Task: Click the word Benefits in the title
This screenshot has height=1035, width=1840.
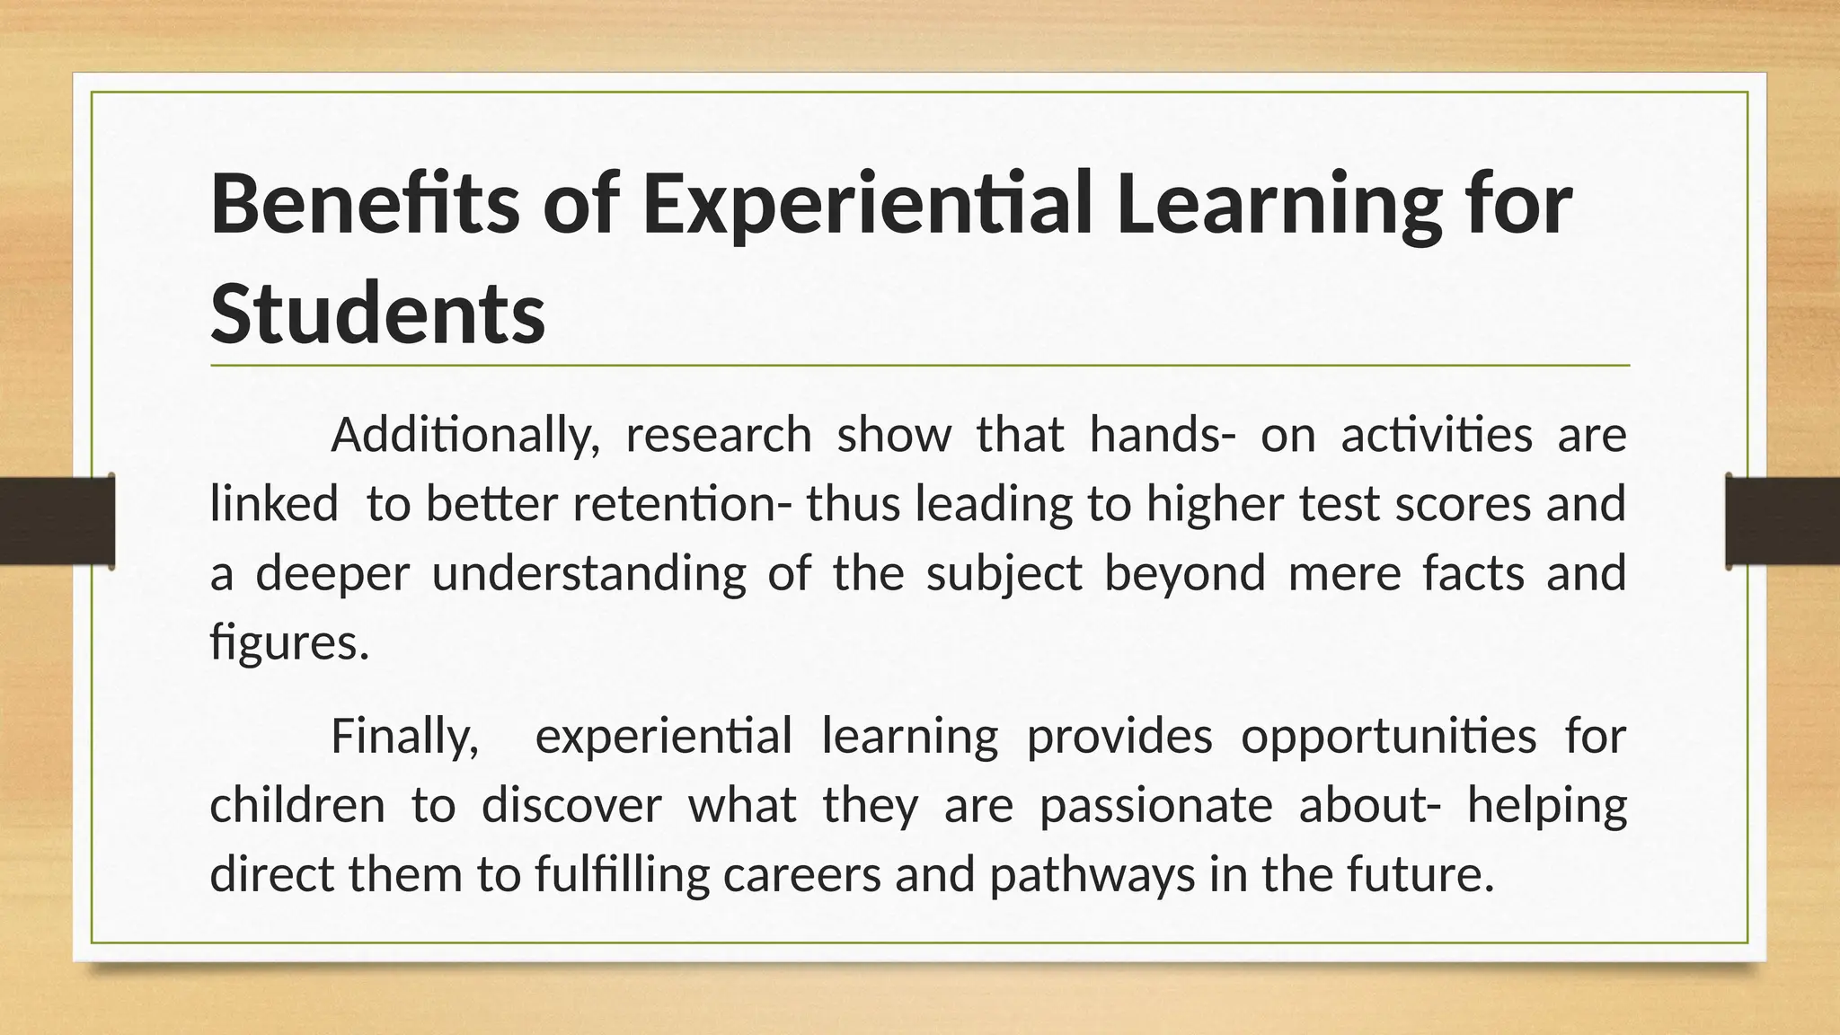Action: [x=364, y=203]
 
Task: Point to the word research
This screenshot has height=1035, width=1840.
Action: [x=719, y=436]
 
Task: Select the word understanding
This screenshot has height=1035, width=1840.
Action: [x=588, y=573]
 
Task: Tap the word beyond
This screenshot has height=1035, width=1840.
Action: [x=1185, y=573]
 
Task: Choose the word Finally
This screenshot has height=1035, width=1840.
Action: [x=404, y=736]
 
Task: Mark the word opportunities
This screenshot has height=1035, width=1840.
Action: [x=1389, y=736]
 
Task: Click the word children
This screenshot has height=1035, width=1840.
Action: [x=297, y=804]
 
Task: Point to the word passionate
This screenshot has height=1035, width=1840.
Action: [x=1155, y=804]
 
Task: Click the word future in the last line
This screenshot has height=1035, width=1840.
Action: [x=1420, y=873]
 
